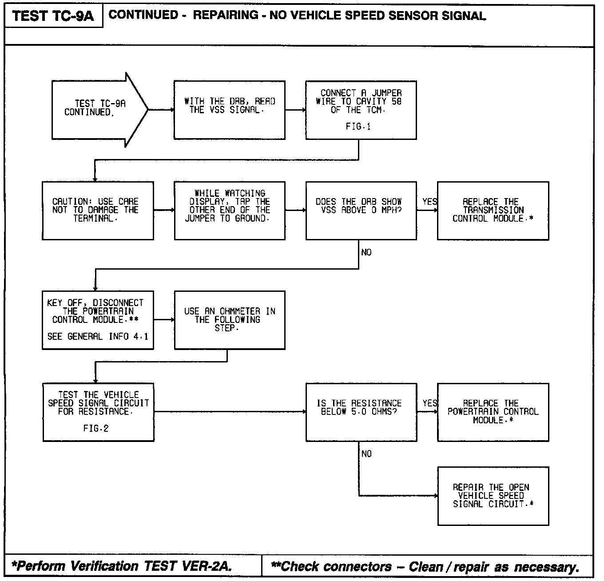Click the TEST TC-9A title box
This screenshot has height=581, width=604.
point(53,16)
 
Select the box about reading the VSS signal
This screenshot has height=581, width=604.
point(229,110)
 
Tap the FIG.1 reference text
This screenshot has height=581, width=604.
point(358,127)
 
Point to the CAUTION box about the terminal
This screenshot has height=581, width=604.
point(98,211)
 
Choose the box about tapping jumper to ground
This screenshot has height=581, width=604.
point(229,211)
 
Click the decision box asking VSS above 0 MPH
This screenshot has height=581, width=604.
point(361,211)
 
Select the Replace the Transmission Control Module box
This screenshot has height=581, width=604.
point(493,211)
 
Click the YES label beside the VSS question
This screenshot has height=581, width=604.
point(429,202)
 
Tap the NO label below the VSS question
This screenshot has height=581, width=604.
point(366,252)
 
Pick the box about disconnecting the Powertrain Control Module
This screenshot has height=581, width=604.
point(98,320)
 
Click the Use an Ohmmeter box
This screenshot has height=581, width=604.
point(229,320)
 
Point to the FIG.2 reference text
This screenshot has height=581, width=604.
point(96,429)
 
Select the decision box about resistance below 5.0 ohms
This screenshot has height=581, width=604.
point(361,412)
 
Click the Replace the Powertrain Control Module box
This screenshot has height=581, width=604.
point(493,412)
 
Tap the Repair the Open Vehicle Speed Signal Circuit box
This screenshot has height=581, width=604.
point(493,496)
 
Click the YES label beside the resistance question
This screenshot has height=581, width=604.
point(429,403)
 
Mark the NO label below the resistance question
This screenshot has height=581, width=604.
point(366,454)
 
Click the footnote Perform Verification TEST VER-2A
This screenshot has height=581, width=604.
point(122,566)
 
